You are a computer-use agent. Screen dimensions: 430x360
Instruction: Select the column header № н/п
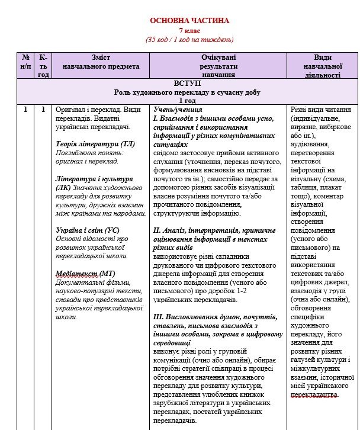click(x=25, y=62)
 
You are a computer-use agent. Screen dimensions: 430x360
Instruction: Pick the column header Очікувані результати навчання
click(x=218, y=66)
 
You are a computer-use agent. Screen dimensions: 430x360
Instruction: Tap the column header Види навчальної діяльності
click(x=323, y=66)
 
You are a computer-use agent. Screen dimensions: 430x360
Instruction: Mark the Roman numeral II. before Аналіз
click(x=157, y=230)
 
